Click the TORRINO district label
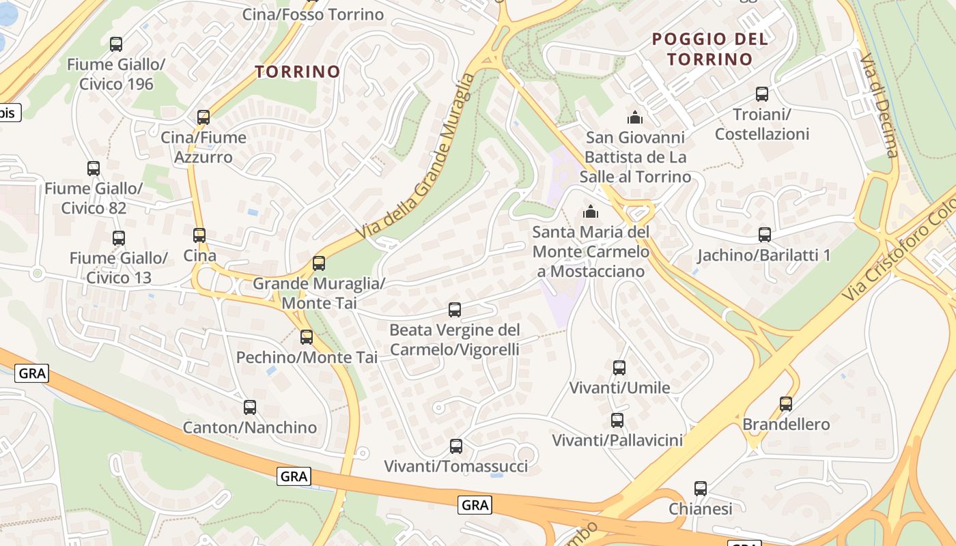click(297, 72)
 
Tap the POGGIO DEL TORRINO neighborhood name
click(710, 48)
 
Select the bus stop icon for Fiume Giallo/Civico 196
click(116, 44)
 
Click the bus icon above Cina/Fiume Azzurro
click(203, 117)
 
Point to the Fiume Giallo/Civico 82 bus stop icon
click(94, 168)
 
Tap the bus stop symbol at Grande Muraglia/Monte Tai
click(319, 263)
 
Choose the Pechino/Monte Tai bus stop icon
click(307, 336)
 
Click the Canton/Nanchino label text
click(250, 428)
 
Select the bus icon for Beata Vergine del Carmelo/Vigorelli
click(455, 310)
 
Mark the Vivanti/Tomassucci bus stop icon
click(456, 446)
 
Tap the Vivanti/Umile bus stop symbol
click(619, 368)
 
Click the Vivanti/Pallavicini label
click(617, 440)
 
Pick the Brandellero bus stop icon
click(786, 404)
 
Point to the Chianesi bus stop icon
click(701, 489)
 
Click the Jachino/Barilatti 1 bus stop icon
click(765, 235)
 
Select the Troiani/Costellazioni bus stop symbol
click(762, 94)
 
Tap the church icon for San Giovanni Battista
click(635, 117)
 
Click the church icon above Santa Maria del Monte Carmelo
click(591, 212)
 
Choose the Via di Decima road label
click(881, 102)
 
